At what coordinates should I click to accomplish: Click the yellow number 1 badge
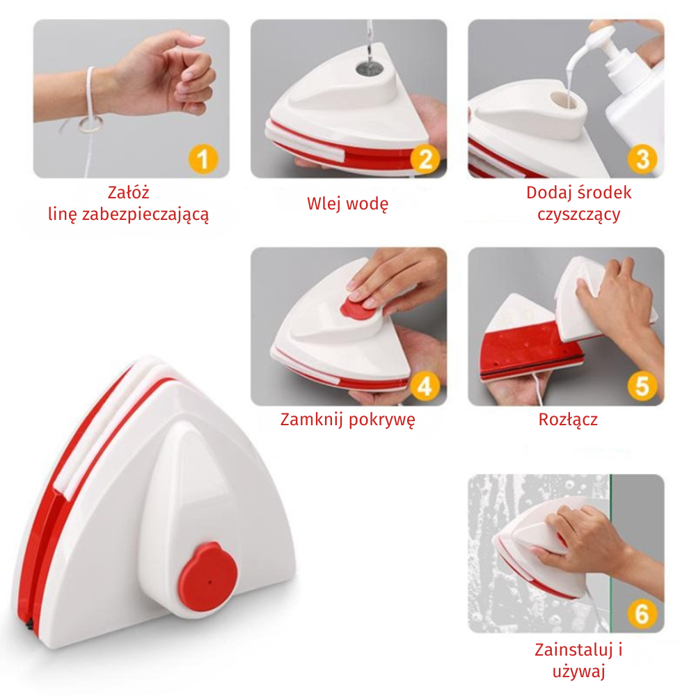203,159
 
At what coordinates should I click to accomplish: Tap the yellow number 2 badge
425,159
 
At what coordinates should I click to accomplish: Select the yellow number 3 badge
642,159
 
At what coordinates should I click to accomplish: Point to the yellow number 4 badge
425,386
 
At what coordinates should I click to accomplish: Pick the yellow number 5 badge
642,386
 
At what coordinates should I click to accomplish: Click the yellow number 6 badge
642,614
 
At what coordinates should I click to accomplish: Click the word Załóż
128,192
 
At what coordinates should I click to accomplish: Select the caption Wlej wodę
347,204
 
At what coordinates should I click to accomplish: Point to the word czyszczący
579,215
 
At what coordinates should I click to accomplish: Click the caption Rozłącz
568,420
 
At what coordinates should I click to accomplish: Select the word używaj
579,672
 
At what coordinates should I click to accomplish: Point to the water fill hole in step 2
369,68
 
